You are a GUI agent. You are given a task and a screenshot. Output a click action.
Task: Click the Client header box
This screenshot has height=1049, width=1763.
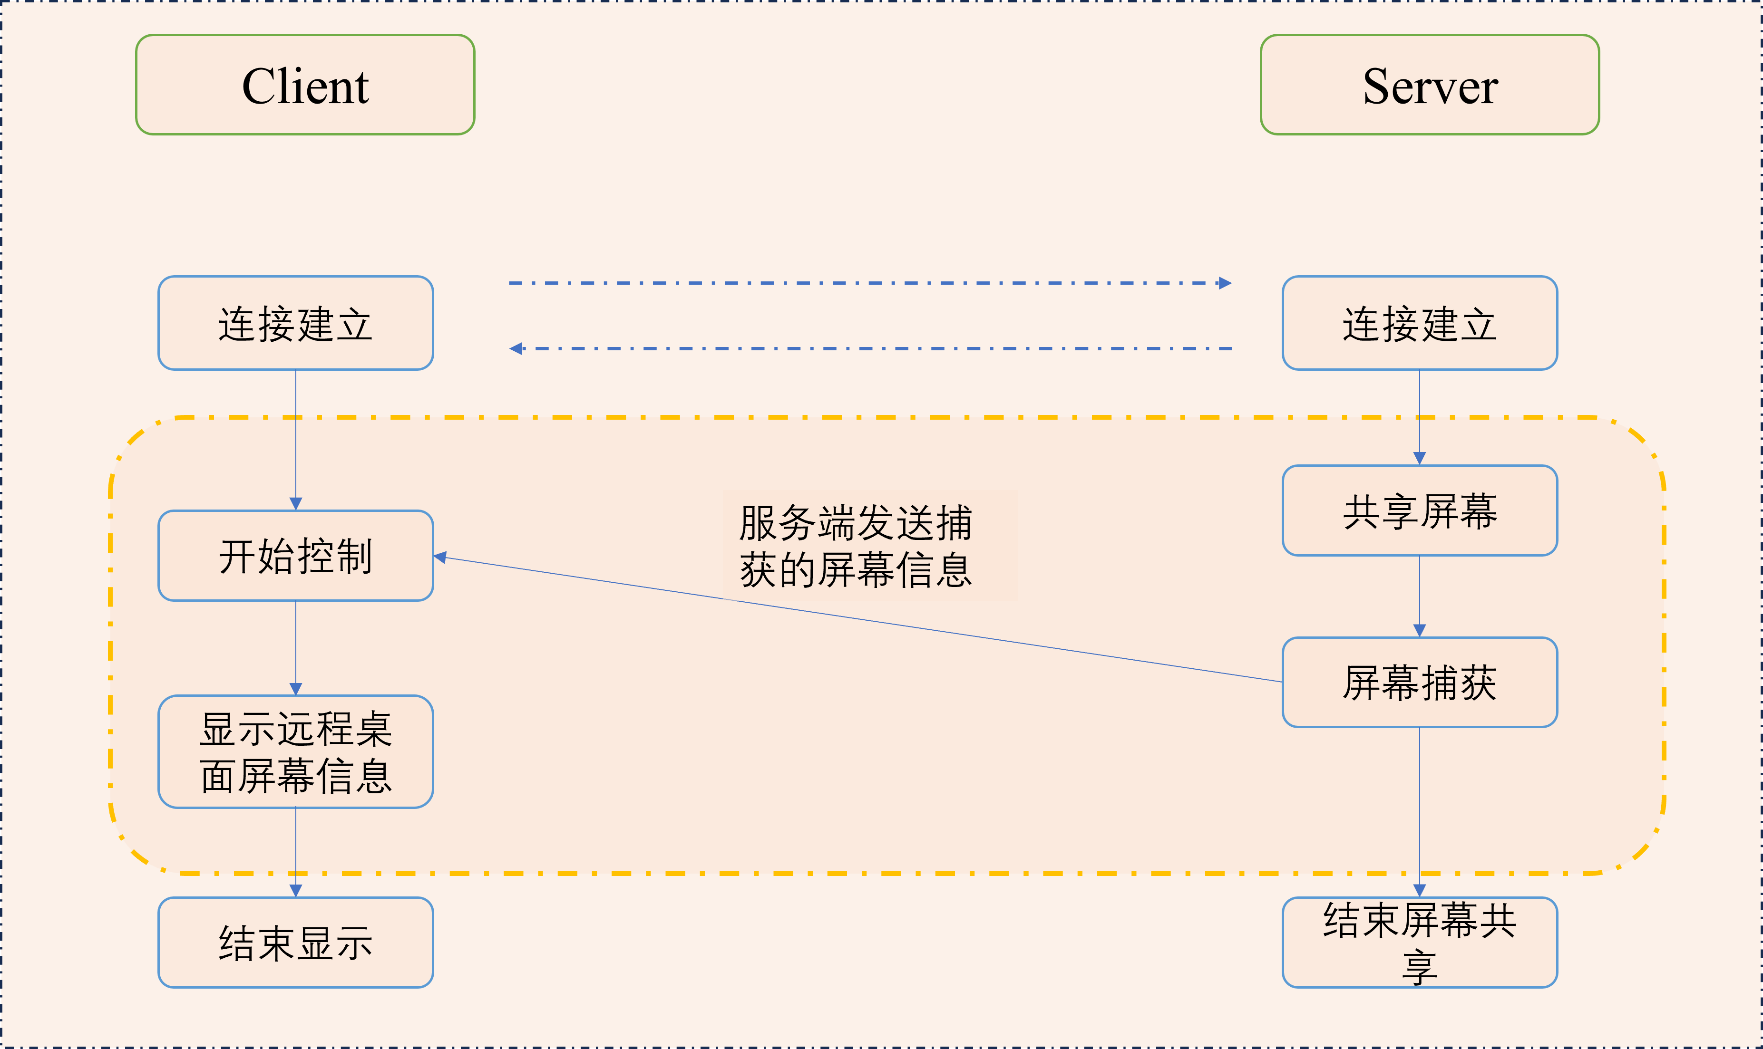(x=305, y=85)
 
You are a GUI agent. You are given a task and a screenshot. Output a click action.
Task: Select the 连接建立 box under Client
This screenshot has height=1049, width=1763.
(x=296, y=323)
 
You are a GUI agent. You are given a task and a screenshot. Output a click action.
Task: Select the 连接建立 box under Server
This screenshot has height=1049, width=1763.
(x=1419, y=323)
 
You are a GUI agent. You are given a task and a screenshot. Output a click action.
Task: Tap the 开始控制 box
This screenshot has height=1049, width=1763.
(x=296, y=556)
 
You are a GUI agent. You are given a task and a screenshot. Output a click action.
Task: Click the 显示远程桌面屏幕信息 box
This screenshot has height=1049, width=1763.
(x=296, y=751)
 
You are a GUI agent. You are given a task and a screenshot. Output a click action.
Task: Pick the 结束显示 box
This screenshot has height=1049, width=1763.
(x=296, y=942)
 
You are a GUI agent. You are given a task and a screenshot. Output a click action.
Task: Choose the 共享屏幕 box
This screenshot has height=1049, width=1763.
(x=1419, y=510)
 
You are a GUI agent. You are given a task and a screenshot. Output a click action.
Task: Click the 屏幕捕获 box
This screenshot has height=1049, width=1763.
(x=1419, y=682)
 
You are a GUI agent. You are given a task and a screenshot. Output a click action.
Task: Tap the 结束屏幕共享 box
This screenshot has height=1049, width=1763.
(x=1419, y=942)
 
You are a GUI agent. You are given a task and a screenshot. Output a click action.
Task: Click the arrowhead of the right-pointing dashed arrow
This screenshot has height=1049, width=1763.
(x=1225, y=283)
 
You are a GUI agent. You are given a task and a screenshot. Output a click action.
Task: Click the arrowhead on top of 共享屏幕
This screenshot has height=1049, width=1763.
(x=1419, y=459)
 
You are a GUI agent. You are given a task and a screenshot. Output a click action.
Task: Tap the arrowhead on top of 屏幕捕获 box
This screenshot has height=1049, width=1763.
(x=1419, y=631)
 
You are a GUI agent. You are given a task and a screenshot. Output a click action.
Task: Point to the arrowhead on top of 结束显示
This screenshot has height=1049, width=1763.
(x=296, y=891)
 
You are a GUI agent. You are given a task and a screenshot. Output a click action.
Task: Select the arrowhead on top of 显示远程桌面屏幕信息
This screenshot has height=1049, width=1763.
(x=296, y=689)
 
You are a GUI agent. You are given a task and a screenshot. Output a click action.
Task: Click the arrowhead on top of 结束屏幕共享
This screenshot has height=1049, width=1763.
(x=1419, y=891)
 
